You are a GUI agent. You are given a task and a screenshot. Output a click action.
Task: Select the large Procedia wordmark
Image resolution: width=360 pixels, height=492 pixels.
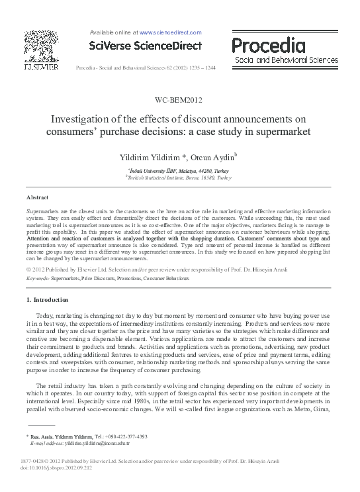pos(268,45)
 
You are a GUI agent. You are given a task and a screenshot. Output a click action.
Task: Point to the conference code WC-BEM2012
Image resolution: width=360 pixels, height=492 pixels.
pos(179,101)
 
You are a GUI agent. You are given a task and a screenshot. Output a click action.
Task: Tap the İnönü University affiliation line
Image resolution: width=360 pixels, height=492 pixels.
pos(179,171)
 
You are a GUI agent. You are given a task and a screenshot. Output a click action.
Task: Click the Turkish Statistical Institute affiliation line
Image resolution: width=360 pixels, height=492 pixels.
pos(179,178)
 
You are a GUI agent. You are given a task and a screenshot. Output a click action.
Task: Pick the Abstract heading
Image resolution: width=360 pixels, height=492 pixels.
pos(37,198)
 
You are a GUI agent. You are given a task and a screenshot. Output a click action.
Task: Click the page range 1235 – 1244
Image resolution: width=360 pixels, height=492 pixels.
pos(207,68)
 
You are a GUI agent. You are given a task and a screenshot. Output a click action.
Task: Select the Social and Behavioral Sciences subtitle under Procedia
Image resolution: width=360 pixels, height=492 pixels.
pos(281,60)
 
